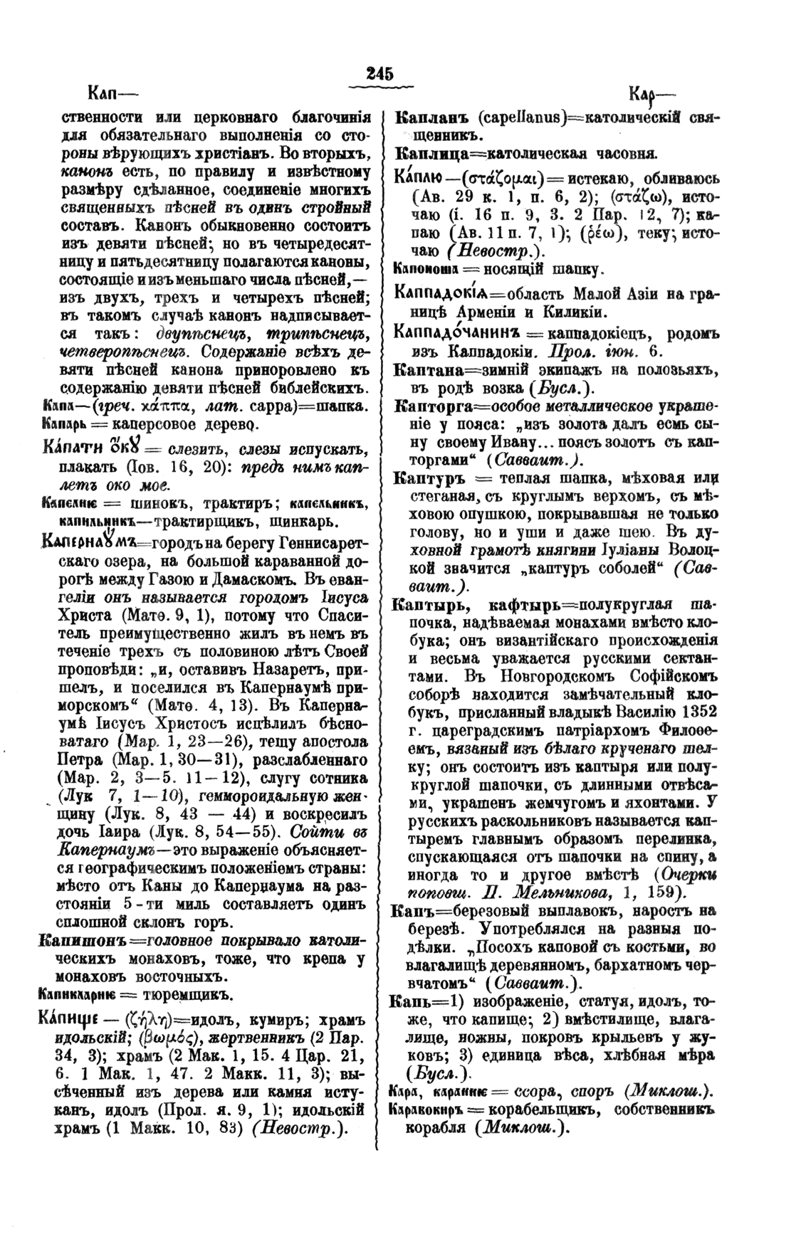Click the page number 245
[x=380, y=73]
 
